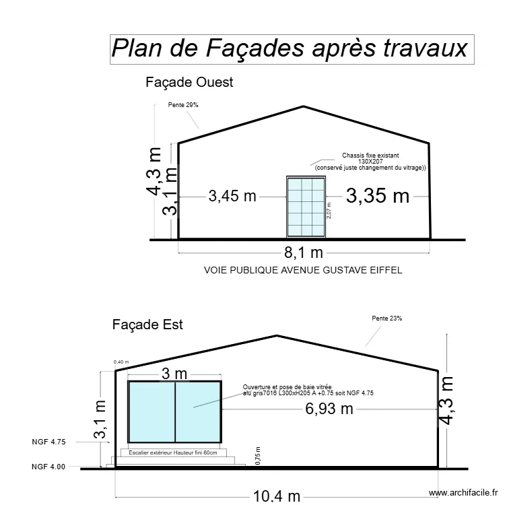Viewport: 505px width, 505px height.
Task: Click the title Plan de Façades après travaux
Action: [290, 48]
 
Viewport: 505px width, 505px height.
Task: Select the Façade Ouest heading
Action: [189, 82]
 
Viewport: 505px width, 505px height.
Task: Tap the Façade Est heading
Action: [147, 325]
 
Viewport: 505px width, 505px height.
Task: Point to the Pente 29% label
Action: [183, 105]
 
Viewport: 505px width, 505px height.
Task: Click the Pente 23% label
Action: [386, 318]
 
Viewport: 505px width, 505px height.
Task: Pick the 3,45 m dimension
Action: [232, 197]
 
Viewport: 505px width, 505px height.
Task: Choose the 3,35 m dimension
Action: [378, 196]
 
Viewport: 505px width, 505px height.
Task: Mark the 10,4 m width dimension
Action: [277, 497]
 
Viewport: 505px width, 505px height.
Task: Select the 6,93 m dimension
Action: [329, 409]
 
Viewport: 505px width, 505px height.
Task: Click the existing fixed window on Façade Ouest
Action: [306, 207]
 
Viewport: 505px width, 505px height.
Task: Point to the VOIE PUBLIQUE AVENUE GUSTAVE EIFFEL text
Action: [303, 270]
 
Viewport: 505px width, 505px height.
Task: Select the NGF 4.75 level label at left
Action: [48, 442]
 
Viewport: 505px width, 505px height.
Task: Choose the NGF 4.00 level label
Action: [48, 467]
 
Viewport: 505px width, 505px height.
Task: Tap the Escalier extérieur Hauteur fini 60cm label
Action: [174, 453]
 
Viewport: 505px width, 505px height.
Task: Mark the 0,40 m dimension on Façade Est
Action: [121, 362]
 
